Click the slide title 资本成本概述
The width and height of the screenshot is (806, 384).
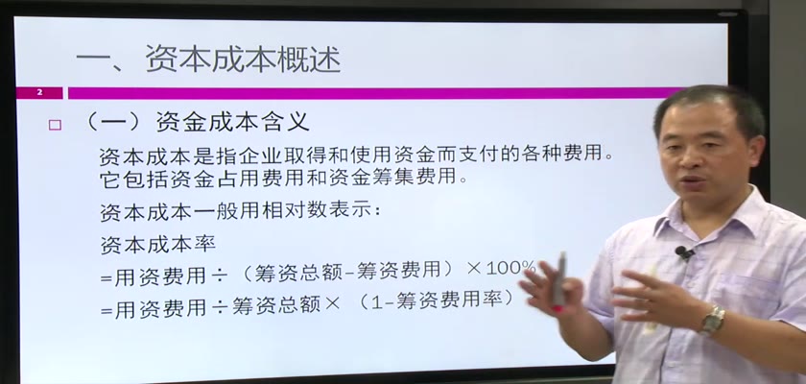(243, 59)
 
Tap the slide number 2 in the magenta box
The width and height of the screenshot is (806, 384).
(39, 92)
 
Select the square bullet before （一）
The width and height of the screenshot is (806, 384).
(55, 125)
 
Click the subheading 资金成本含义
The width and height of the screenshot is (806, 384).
(232, 122)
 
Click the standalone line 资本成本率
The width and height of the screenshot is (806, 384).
(157, 244)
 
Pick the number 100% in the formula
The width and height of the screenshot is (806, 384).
(510, 267)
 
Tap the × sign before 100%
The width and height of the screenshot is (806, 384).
(473, 269)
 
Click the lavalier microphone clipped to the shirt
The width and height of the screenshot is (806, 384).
(684, 252)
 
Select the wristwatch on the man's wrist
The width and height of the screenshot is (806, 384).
(712, 321)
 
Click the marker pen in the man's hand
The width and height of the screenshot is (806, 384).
(559, 279)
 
